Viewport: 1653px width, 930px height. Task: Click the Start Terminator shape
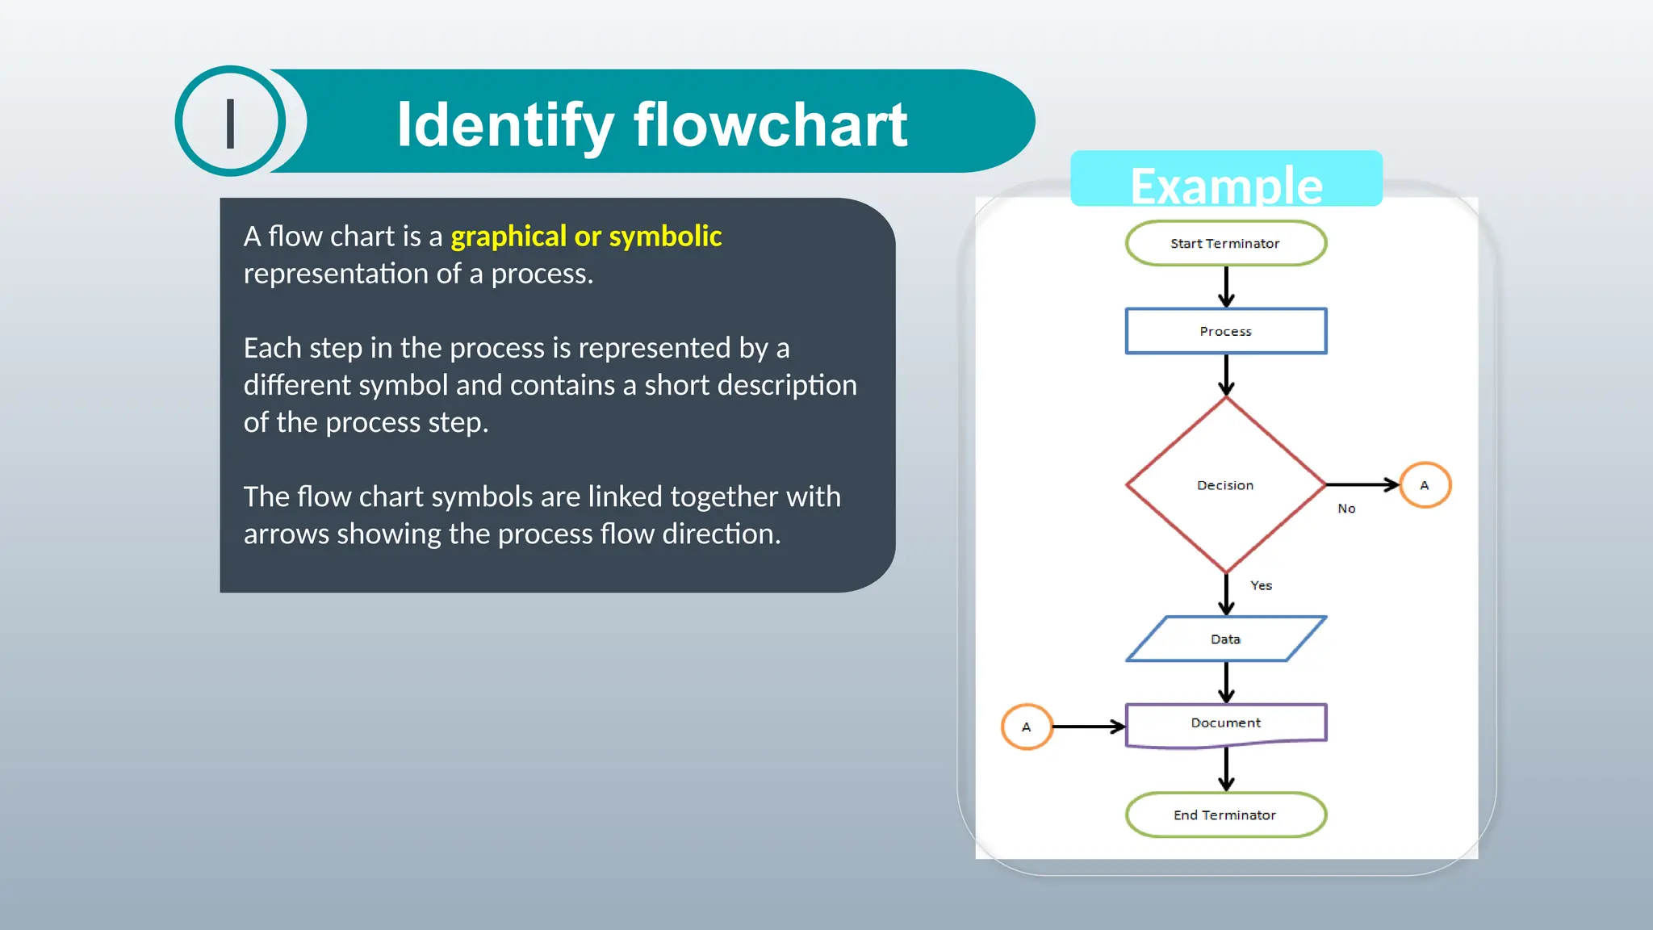coord(1225,243)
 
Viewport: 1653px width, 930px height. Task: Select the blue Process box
coord(1225,331)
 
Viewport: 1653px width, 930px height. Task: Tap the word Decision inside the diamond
coord(1224,485)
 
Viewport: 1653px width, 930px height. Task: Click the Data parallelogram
coord(1225,639)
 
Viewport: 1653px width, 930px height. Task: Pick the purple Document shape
coord(1225,723)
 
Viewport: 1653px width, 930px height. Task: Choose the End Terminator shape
coord(1225,815)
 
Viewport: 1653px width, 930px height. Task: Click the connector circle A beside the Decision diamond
coord(1425,485)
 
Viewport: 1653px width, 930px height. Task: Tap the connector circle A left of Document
coord(1026,727)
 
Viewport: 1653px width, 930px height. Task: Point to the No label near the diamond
coord(1346,509)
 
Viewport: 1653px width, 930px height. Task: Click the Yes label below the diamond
coord(1261,585)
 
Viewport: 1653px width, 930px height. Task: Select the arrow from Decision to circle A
coord(1362,484)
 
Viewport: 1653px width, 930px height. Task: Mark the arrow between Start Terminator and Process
coord(1226,287)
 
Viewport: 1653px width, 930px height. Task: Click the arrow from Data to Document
coord(1226,682)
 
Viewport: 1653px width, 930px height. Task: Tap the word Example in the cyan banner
coord(1226,186)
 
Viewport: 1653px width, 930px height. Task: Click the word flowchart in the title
coord(770,125)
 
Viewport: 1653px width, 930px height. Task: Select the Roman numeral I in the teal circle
coord(231,124)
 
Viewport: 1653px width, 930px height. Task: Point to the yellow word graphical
coord(508,237)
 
